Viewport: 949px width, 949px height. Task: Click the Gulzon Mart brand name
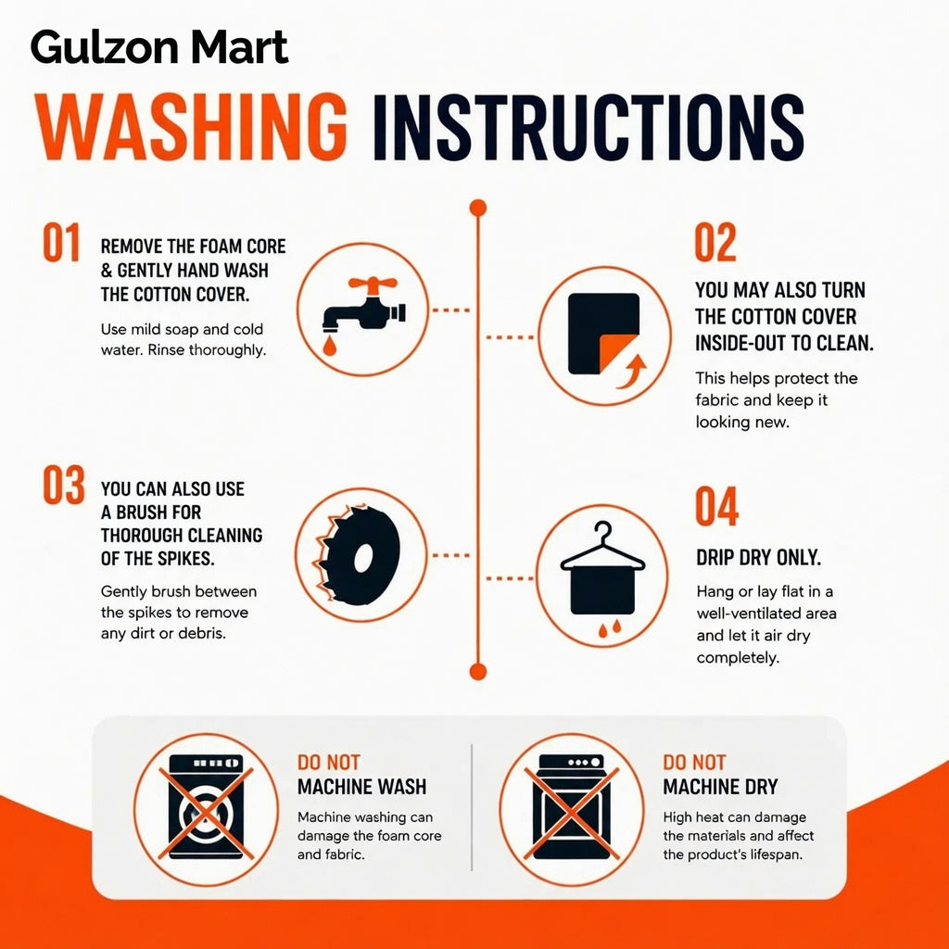coord(159,48)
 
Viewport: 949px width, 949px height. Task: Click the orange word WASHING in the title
coord(191,127)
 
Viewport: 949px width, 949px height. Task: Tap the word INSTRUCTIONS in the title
coord(588,127)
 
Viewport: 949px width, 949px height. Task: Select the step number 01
coord(61,242)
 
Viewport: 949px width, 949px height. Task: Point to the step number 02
coord(715,242)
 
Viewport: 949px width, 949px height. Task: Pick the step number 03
coord(64,484)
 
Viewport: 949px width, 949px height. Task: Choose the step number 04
coord(716,505)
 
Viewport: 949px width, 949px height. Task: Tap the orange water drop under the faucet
coord(329,347)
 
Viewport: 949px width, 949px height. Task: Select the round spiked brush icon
coord(358,556)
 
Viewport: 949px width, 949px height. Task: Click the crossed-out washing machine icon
coord(206,809)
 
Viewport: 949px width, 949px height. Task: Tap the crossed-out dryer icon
coord(571,809)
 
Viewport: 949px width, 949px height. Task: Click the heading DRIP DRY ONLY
coord(758,557)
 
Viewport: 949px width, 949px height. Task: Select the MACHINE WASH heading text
coord(362,787)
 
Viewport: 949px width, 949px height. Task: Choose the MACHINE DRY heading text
coord(720,787)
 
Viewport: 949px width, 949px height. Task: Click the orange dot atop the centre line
coord(478,208)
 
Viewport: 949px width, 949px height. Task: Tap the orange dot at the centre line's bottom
coord(478,672)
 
